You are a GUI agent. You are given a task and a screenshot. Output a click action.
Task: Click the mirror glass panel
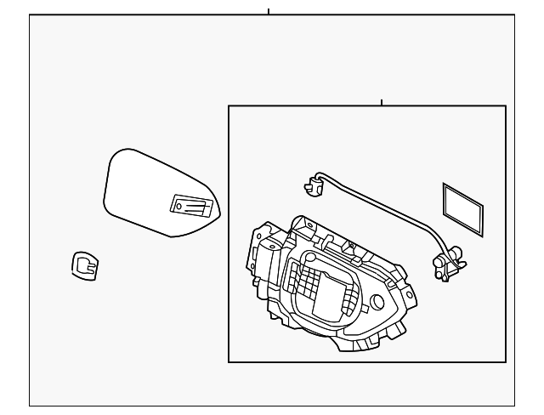(144, 191)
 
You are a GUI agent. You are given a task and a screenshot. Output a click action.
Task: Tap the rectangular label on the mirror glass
(192, 205)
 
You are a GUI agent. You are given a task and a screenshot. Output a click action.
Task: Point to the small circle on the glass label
(178, 205)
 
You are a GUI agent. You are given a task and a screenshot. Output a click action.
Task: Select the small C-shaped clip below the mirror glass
(84, 266)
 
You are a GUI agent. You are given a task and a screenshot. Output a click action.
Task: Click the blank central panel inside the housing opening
(327, 293)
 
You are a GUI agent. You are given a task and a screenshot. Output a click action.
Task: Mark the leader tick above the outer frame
(269, 12)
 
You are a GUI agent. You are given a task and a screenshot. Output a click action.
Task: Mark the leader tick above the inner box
(382, 102)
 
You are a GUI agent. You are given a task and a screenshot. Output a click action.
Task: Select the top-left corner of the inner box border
(229, 106)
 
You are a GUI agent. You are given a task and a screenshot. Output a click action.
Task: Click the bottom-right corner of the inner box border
(506, 362)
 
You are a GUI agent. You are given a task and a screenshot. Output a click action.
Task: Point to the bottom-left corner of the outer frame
(30, 406)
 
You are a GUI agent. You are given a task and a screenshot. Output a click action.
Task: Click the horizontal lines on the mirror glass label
(198, 204)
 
